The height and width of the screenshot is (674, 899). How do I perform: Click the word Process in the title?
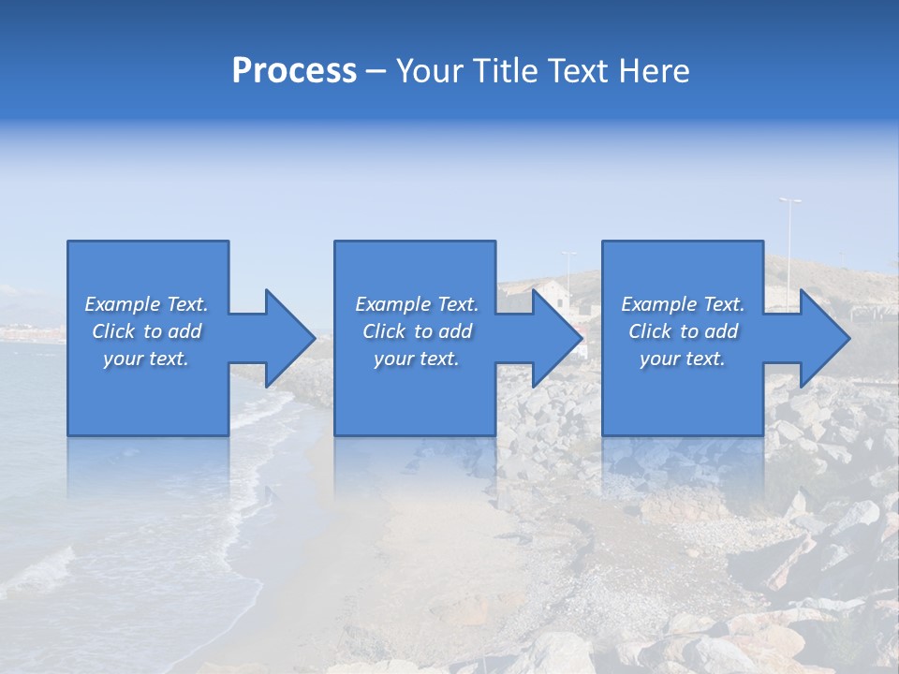(x=294, y=71)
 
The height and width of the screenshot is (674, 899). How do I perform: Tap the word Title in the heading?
(x=511, y=71)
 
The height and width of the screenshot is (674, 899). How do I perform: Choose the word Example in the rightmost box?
(x=659, y=304)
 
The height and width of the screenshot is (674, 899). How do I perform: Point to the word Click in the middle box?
(x=384, y=331)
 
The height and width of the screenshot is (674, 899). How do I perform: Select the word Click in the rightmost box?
(x=650, y=331)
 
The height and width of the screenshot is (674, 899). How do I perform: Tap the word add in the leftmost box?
(x=184, y=331)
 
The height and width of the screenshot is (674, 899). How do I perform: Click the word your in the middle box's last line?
(x=394, y=359)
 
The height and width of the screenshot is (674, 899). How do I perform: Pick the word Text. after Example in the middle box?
(x=456, y=304)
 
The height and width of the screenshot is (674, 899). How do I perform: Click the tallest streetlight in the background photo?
(x=789, y=239)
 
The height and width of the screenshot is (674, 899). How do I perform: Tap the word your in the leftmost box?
(x=124, y=359)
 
